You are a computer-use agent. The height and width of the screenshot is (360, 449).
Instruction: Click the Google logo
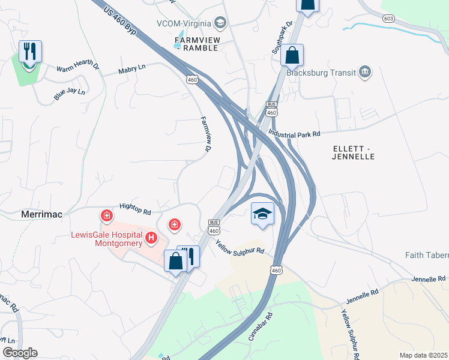pos(19,352)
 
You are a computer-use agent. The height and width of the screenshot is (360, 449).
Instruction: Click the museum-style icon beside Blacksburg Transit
pos(365,73)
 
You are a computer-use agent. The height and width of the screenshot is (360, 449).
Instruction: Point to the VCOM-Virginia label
pos(184,23)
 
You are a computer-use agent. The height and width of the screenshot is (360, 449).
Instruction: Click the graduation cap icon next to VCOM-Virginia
pos(220,23)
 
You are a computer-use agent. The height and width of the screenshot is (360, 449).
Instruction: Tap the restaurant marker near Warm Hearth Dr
pos(30,52)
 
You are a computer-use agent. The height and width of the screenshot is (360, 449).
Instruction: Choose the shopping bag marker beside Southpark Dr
pos(292,56)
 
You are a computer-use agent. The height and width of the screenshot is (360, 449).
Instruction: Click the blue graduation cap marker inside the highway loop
pos(262,215)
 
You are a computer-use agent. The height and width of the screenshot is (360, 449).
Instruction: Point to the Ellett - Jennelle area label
pos(353,152)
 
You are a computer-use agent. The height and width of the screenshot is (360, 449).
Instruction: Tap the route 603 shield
pos(389,19)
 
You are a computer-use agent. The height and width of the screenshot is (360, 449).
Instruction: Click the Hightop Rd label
pos(134,208)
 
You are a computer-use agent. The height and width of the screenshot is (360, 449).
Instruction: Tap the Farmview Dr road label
pos(206,134)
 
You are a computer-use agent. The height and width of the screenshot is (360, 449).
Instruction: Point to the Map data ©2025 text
pos(424,355)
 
